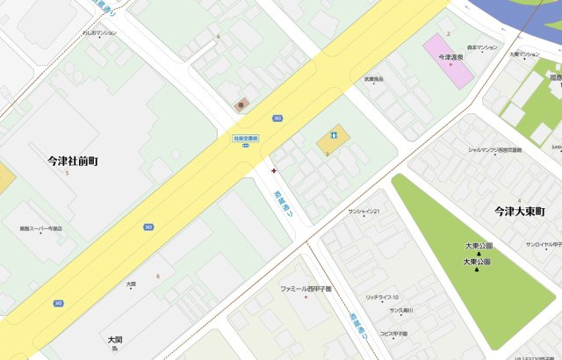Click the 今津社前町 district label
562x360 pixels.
(x=73, y=162)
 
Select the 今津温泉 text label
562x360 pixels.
(x=450, y=57)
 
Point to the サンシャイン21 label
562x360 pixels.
(x=364, y=212)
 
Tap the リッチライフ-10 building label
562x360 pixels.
(x=382, y=298)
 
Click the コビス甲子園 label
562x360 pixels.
(x=393, y=334)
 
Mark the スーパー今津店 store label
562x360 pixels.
(x=41, y=228)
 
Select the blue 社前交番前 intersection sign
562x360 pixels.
(x=245, y=138)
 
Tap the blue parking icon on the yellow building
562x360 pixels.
(x=333, y=135)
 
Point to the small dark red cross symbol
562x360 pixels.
(x=275, y=170)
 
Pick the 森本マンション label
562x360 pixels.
(x=482, y=47)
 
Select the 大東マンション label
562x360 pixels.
(x=524, y=54)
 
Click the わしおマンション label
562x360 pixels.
(x=99, y=32)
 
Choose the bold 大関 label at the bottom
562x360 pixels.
(x=115, y=339)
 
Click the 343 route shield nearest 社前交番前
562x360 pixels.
(x=277, y=118)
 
